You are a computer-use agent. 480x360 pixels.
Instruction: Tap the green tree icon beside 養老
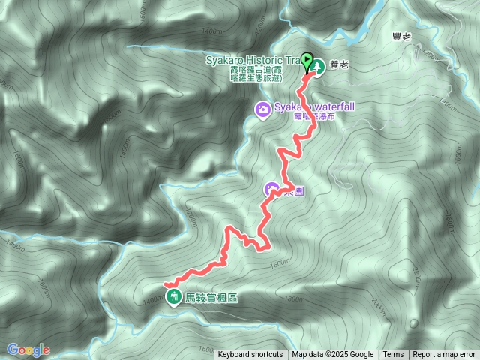pos(319,66)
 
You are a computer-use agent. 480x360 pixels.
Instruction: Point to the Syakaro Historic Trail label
pos(250,59)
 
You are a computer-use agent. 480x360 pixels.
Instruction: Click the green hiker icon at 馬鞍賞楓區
pos(174,296)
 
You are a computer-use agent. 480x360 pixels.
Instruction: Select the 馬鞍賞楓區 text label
pos(211,297)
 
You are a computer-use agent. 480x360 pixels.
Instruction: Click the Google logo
pos(28,349)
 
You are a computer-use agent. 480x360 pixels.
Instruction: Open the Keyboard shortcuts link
pos(250,355)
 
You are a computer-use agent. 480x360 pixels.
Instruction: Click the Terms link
pos(393,355)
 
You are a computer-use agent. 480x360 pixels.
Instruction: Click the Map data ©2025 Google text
pos(332,355)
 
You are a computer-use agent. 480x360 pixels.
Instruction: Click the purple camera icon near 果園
pos(271,189)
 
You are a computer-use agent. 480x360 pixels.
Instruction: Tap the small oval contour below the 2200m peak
pos(414,324)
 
